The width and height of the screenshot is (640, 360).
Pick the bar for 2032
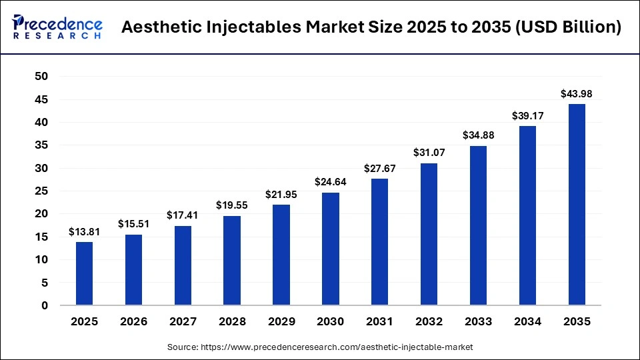429,234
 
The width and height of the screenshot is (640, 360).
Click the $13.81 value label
84,232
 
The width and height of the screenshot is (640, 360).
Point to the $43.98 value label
577,94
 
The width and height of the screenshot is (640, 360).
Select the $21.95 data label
281,195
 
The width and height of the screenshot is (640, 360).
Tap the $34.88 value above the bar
478,135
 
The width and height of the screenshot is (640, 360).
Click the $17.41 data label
183,215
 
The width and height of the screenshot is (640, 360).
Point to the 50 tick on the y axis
41,77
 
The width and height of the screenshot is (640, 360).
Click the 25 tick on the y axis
41,191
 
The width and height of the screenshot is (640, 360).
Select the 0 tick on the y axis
45,306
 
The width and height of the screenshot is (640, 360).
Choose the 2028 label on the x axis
232,321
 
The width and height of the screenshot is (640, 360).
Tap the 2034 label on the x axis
527,321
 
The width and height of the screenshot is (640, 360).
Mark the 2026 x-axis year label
133,321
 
